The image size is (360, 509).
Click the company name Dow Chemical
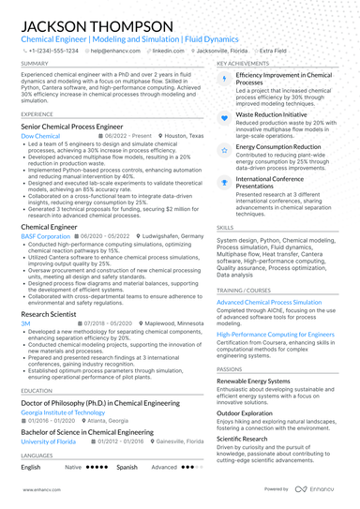[x=39, y=135]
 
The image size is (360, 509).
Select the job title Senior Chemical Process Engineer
[x=71, y=125]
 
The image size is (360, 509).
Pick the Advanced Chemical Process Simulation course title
[x=270, y=302]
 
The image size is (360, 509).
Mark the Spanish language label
[x=127, y=466]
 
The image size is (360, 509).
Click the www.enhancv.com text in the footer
[x=35, y=489]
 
